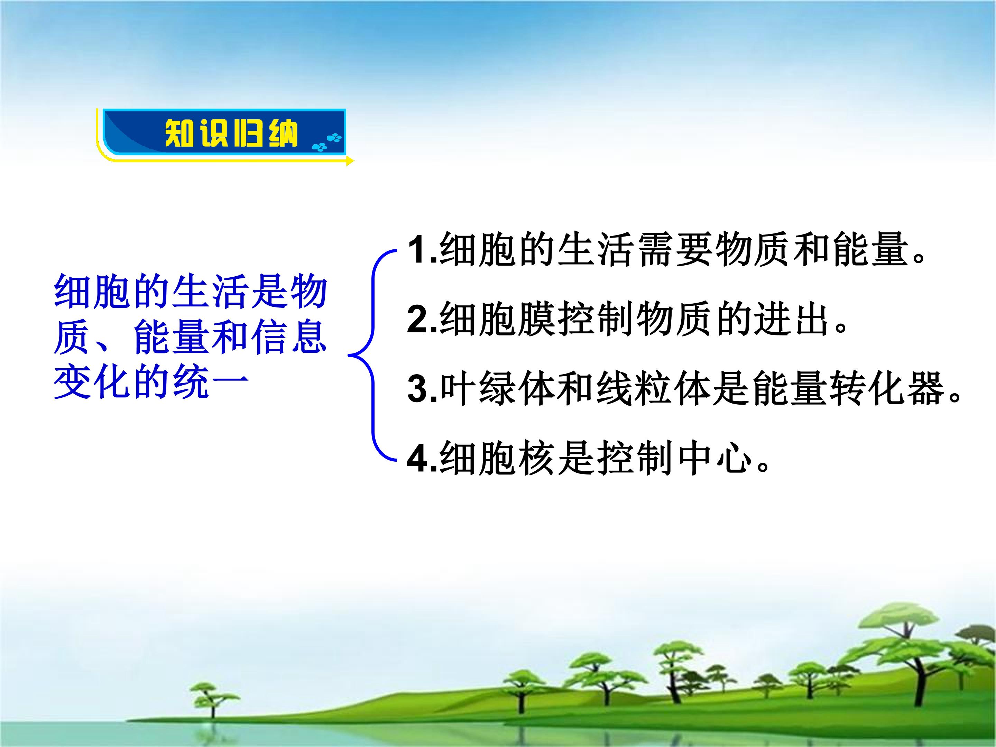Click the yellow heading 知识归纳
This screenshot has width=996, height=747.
coord(231,133)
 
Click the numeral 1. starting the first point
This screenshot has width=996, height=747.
coord(422,250)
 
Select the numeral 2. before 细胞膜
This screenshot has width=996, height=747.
coord(422,320)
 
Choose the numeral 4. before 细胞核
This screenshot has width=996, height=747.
coord(422,458)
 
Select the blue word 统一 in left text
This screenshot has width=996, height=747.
coord(209,382)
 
